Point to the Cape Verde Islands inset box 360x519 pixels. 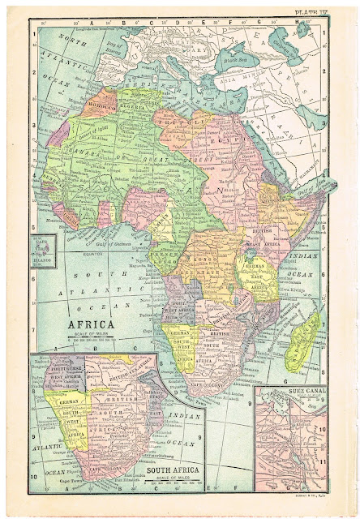tap(41, 247)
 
